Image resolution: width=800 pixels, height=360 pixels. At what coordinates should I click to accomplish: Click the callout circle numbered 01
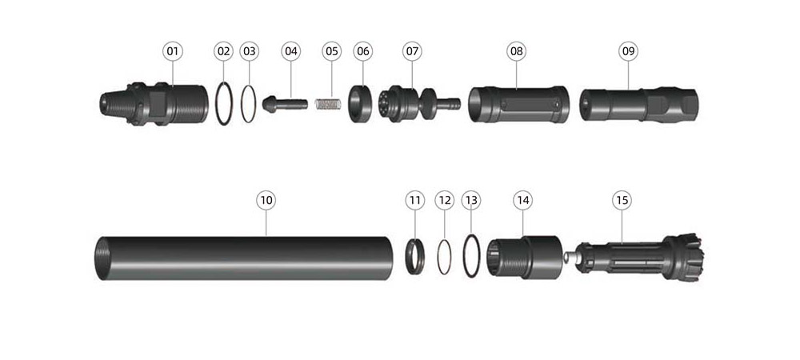(x=173, y=51)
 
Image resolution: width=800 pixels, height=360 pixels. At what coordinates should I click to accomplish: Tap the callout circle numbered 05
(x=332, y=51)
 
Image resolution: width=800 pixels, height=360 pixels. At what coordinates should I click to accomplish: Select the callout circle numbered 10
(x=266, y=200)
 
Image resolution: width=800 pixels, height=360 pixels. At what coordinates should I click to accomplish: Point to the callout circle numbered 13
(x=471, y=200)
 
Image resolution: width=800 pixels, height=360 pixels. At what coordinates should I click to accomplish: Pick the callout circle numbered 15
(x=622, y=200)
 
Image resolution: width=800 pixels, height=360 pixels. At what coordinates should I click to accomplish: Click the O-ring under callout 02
(x=216, y=104)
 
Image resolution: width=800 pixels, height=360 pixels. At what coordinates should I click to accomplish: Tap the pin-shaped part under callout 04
(x=285, y=104)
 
